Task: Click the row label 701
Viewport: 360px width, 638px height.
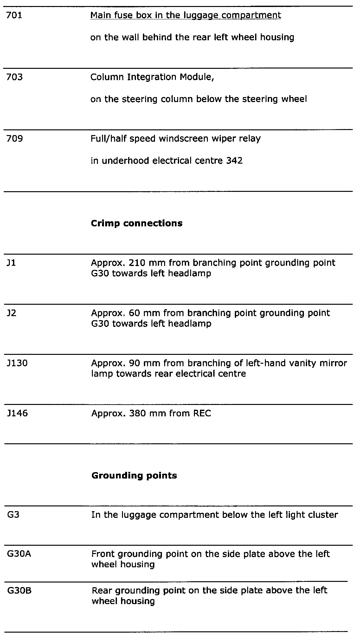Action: coord(14,16)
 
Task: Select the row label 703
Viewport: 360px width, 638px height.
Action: coord(15,77)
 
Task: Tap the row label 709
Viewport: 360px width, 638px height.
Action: coord(15,139)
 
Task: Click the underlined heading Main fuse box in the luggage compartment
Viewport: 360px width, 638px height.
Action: coord(185,16)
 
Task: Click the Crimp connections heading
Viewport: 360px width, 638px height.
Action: coord(137,223)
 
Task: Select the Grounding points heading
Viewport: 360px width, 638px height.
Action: coord(134,475)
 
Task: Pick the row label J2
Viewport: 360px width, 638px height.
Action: coord(11,313)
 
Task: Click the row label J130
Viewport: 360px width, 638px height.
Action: coord(17,363)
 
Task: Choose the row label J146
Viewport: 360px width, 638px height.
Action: coord(17,413)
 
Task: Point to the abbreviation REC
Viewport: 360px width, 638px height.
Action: coord(201,413)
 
